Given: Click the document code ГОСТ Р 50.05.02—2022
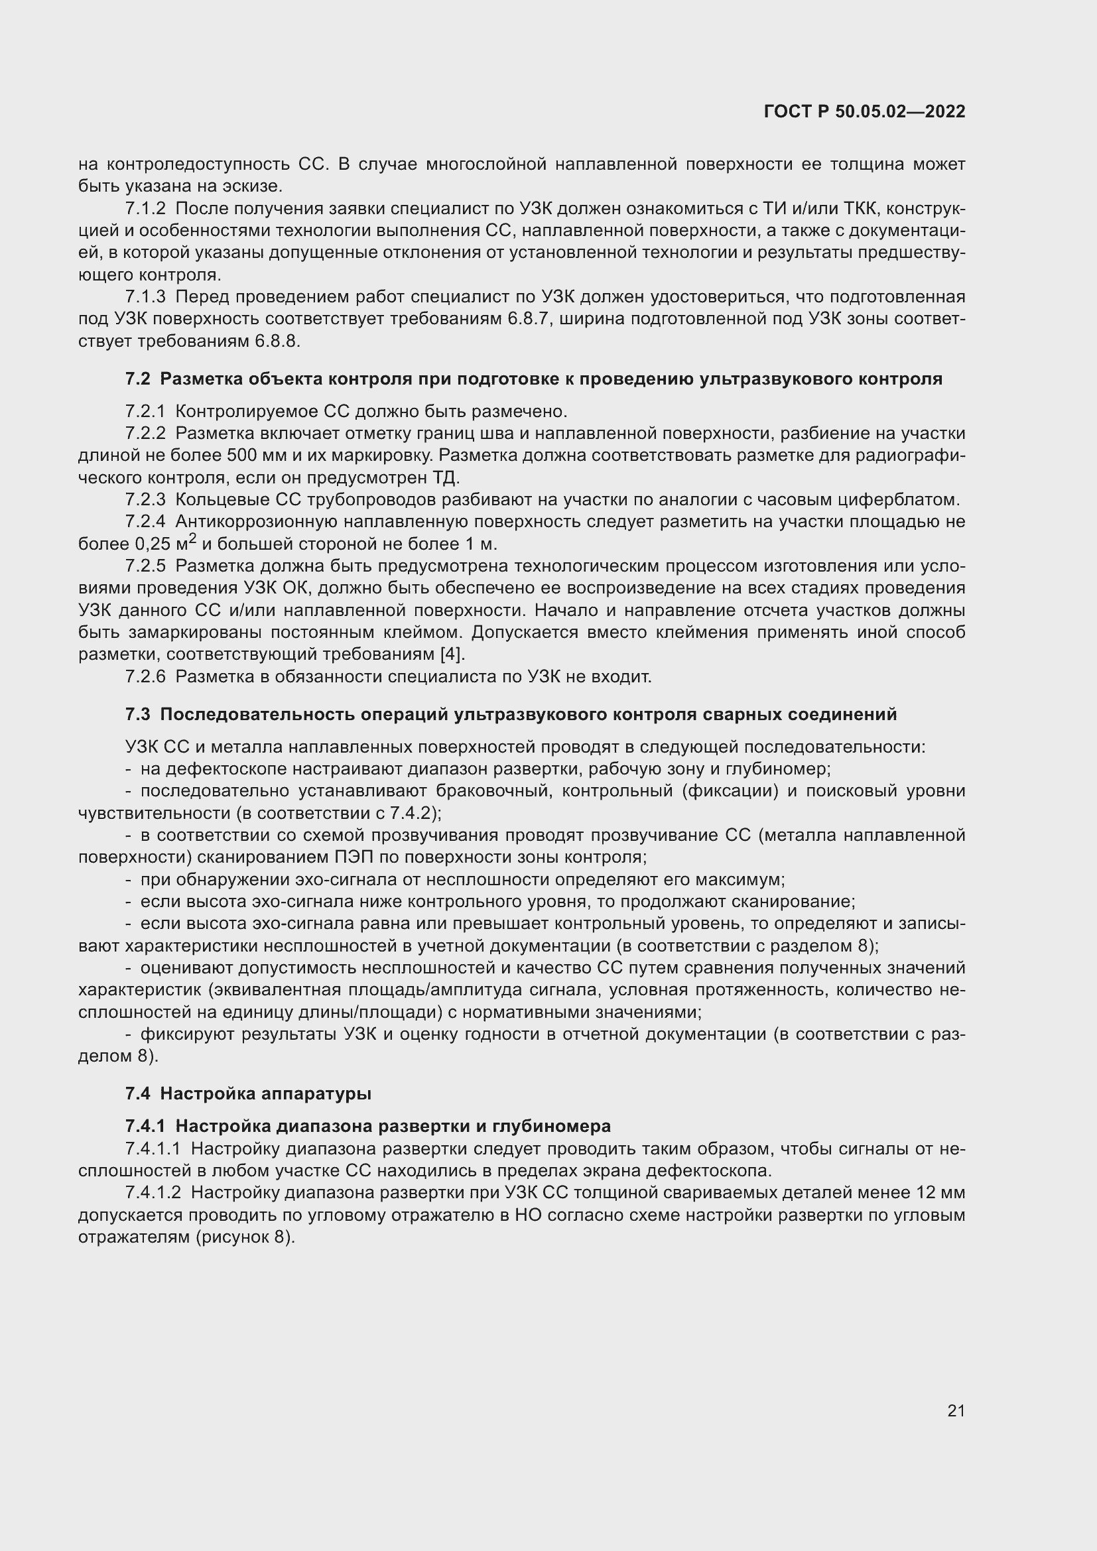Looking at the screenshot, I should coord(864,111).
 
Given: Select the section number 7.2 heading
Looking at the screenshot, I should coord(137,379).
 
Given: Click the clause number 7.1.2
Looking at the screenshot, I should coord(145,209).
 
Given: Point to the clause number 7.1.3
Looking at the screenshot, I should coord(145,296).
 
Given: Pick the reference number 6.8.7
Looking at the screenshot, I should coord(531,319).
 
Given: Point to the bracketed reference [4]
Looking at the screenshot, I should coord(452,654).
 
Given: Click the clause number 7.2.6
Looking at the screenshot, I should coord(145,677).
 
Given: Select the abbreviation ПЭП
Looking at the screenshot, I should coord(352,857).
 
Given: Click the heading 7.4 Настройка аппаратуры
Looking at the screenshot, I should coord(248,1093).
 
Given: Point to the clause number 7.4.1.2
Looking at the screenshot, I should coord(157,1192).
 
